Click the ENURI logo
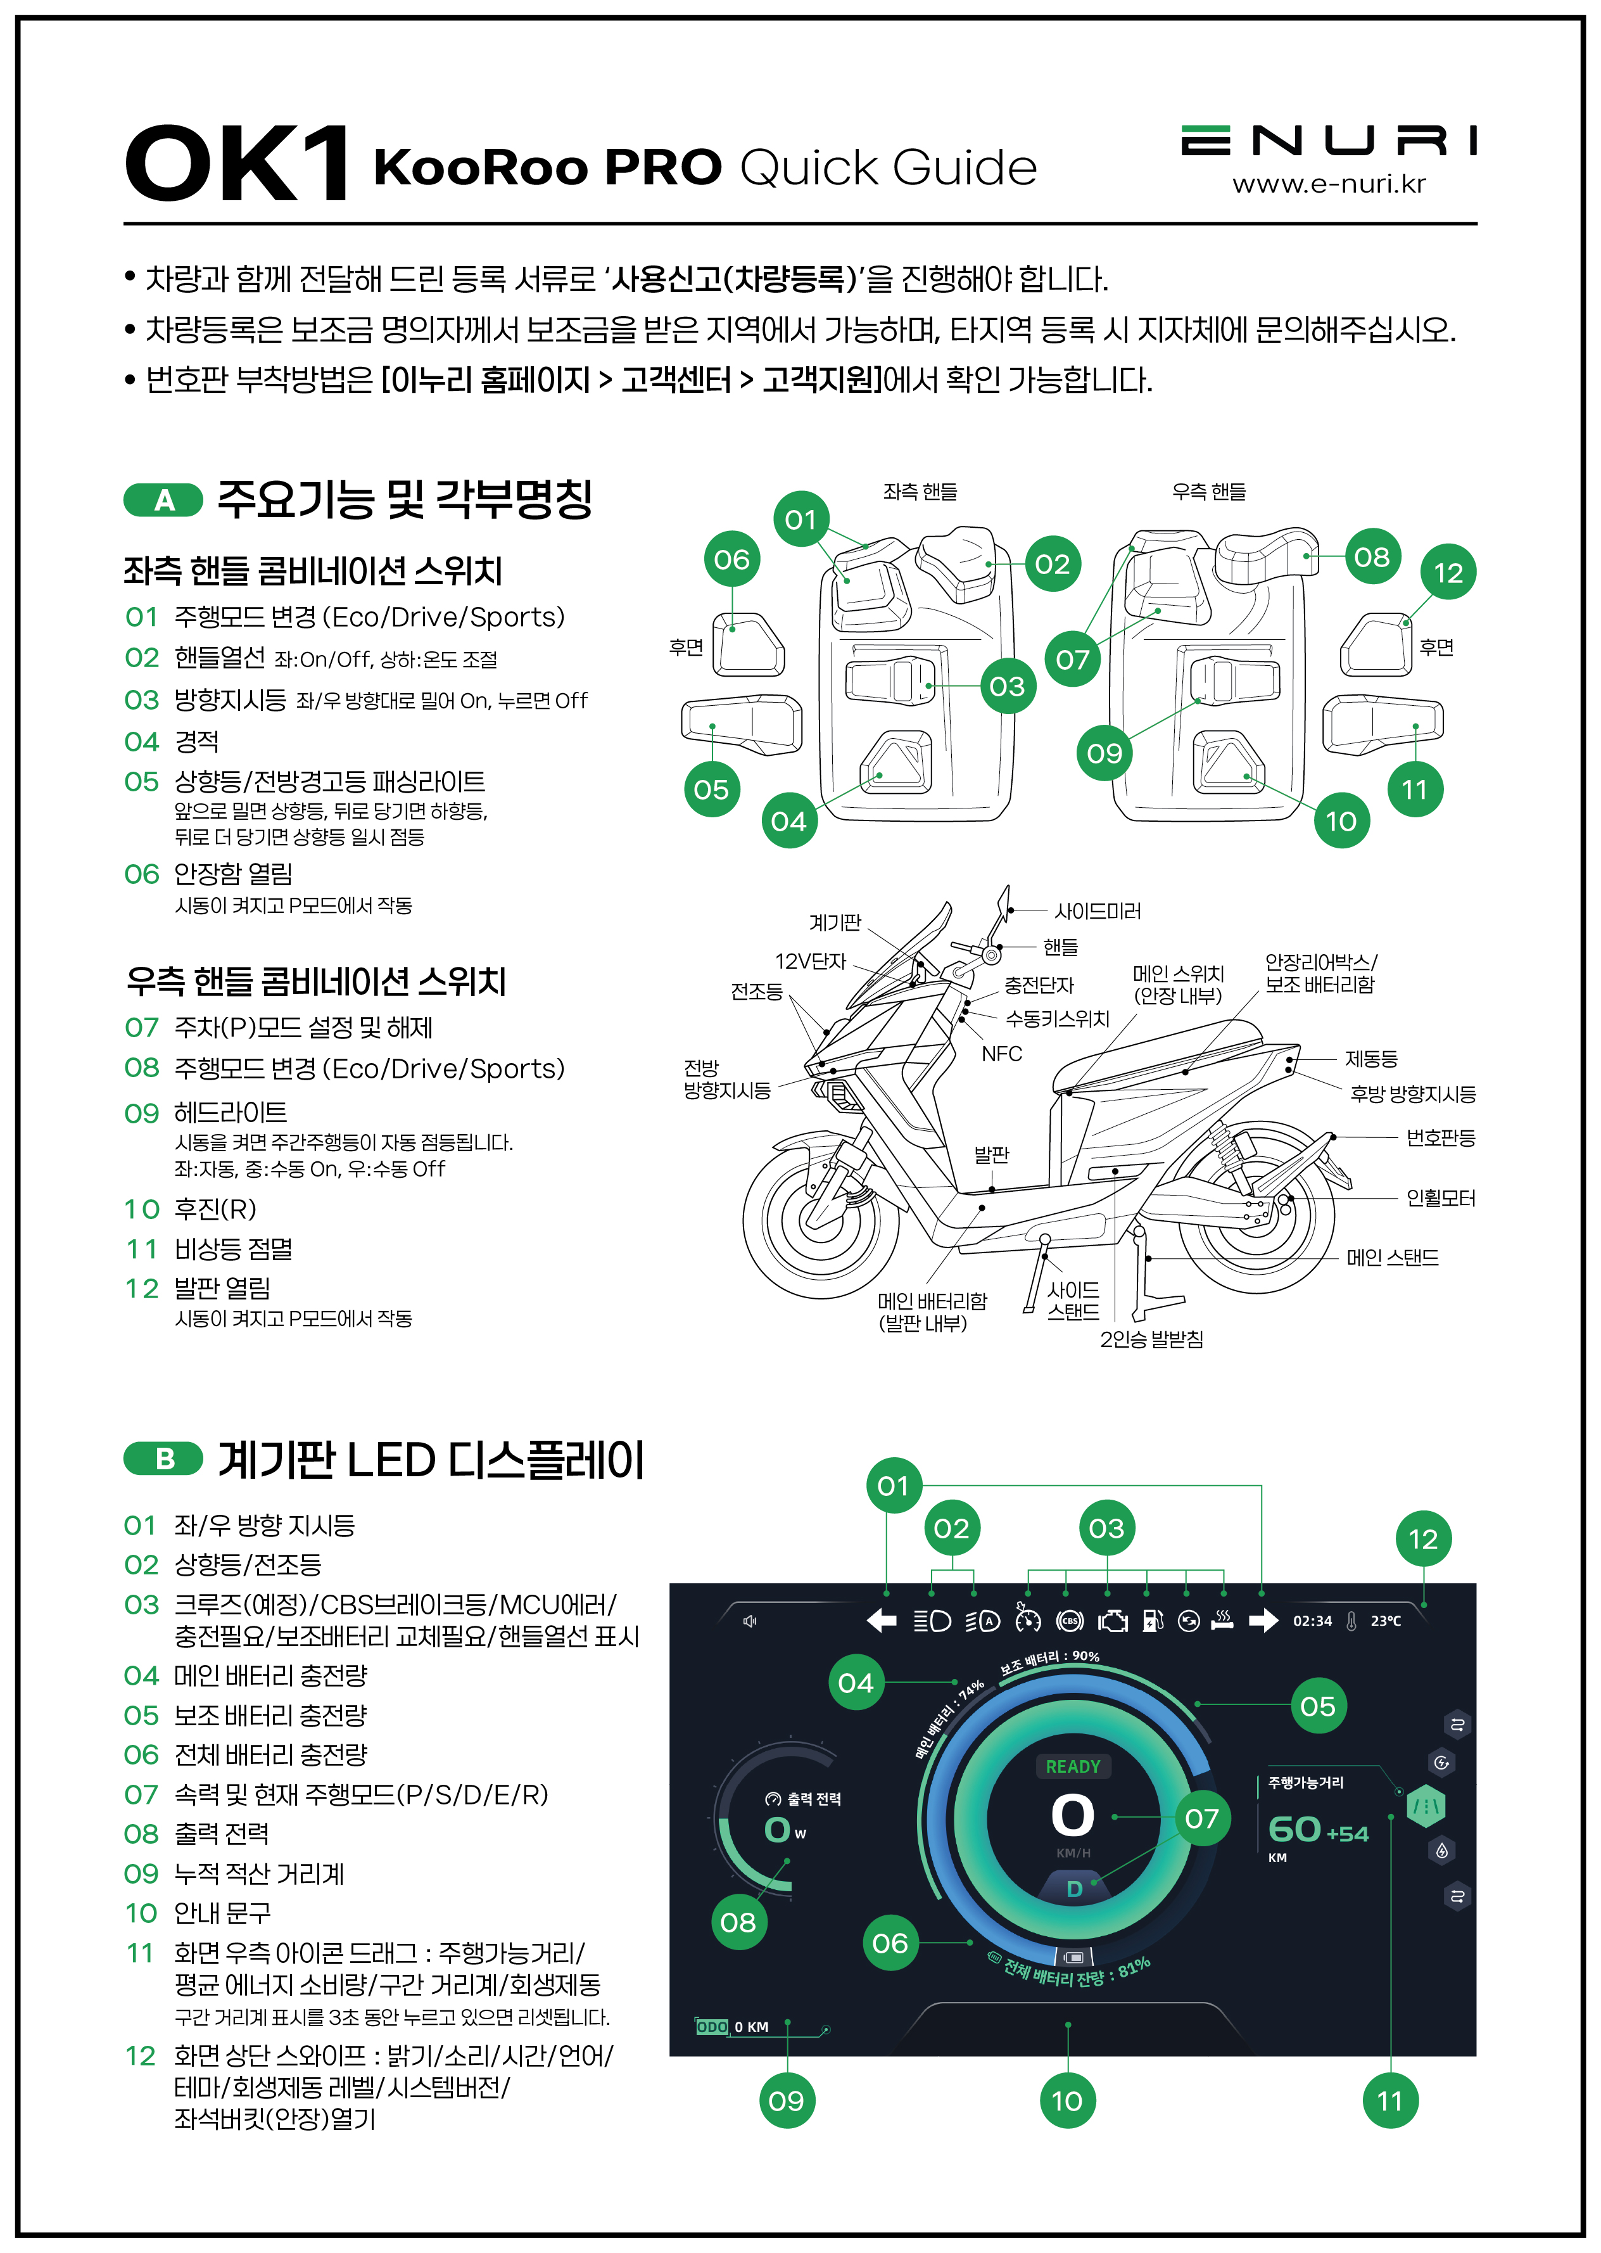point(1328,141)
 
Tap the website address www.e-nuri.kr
point(1328,184)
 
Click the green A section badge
point(163,500)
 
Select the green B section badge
point(163,1458)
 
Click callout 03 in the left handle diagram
point(1006,686)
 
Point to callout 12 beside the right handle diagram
point(1447,573)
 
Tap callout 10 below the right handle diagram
point(1341,820)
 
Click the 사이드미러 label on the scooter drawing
point(1098,911)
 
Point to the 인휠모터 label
point(1440,1198)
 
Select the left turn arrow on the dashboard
point(882,1621)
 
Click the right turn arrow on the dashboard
point(1263,1621)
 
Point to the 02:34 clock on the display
point(1312,1621)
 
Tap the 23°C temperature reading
point(1385,1621)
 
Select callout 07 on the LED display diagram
point(1202,1818)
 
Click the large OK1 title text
point(237,163)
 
